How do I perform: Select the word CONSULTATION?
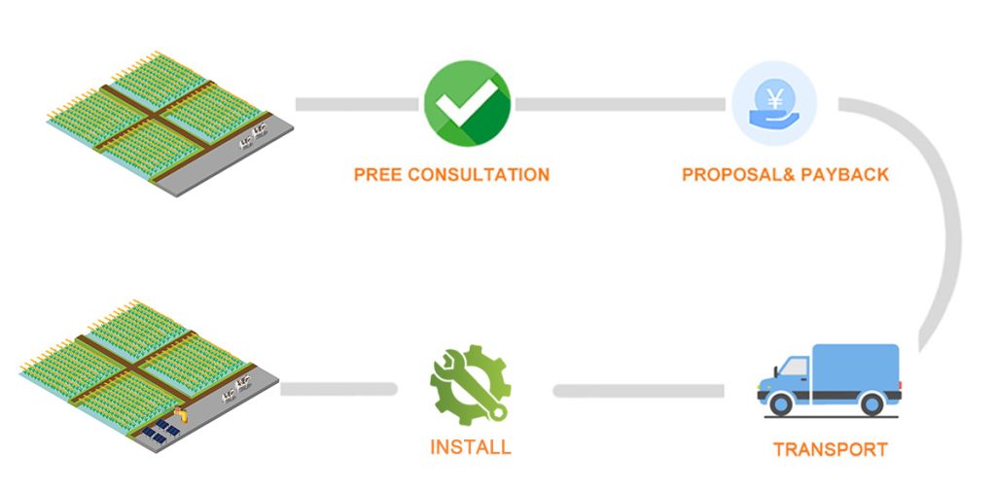coord(479,175)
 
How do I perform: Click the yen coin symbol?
coord(775,98)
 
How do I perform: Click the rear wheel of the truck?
coord(871,403)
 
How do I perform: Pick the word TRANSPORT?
coord(830,450)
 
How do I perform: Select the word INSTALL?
coord(470,448)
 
